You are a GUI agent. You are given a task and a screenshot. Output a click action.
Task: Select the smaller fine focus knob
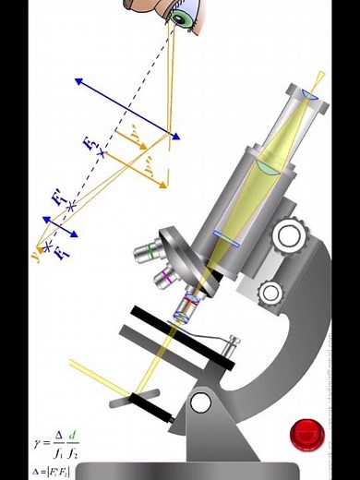[271, 294]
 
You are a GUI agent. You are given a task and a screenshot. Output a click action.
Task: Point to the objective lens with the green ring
[146, 249]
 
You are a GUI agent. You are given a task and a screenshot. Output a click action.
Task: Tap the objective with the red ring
[188, 304]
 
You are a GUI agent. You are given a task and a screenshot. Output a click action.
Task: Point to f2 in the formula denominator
[75, 455]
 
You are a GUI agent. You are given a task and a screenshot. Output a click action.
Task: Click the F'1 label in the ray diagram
[57, 198]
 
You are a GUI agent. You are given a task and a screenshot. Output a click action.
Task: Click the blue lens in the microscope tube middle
[227, 238]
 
